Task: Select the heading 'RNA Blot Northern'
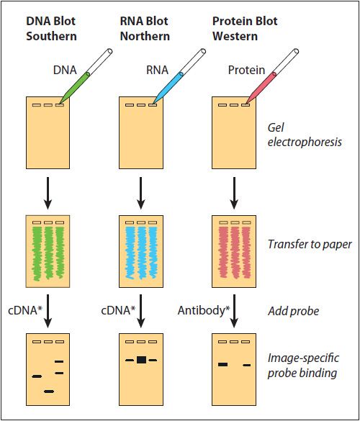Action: (x=144, y=27)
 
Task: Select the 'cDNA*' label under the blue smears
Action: (x=116, y=310)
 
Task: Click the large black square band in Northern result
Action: (x=141, y=359)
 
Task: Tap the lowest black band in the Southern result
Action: (x=49, y=391)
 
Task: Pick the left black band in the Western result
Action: (x=223, y=365)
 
